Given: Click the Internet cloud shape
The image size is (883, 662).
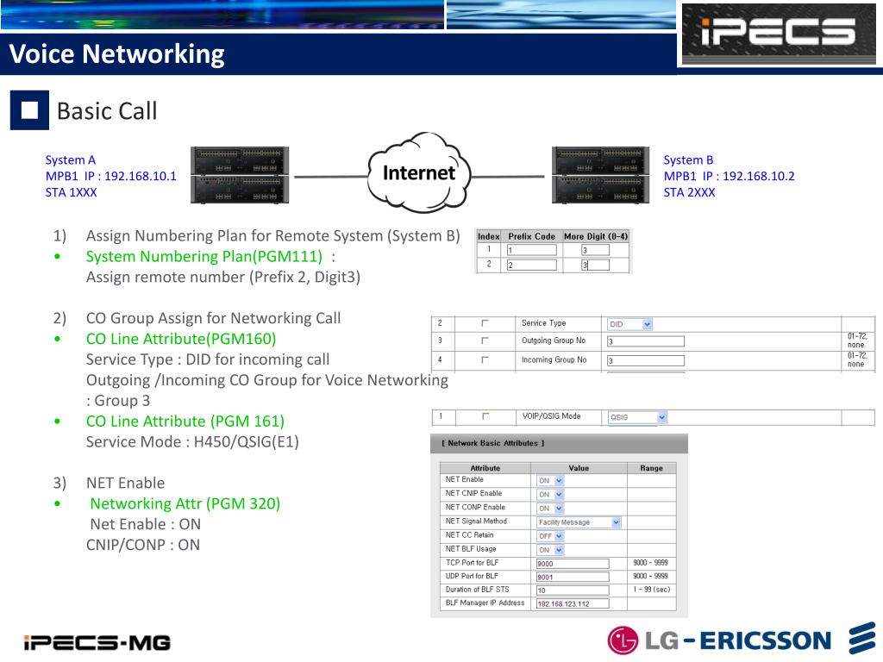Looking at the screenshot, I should coord(419,173).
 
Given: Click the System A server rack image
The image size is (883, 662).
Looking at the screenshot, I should coord(239,175).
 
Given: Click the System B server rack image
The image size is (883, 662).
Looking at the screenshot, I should coord(601,175).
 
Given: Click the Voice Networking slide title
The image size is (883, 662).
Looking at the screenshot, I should coord(117,54).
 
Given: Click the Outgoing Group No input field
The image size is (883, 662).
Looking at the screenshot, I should coord(645,341).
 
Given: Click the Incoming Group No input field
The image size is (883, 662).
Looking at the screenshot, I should coord(645,360).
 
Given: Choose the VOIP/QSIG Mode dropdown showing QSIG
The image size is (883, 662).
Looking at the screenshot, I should coord(638,417).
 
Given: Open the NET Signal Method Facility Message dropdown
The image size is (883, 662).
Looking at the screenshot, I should coord(579,521).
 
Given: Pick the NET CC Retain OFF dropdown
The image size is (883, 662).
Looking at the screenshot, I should coord(550,535).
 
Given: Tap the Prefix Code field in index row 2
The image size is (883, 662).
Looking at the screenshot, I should coord(531,265).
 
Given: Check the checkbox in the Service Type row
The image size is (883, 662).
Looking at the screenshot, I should coord(485,323).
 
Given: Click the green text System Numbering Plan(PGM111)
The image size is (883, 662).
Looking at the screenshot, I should coord(204,256).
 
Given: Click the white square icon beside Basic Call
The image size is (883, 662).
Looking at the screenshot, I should coord(29,110).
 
